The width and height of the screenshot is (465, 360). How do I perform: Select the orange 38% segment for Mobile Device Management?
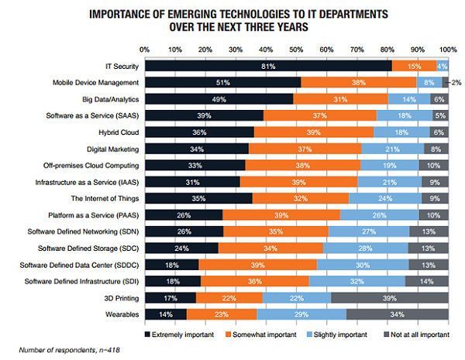click(x=359, y=82)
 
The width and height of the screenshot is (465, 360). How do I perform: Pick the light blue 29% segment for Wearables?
click(x=302, y=314)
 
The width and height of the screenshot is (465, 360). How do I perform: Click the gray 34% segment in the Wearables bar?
click(x=397, y=314)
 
